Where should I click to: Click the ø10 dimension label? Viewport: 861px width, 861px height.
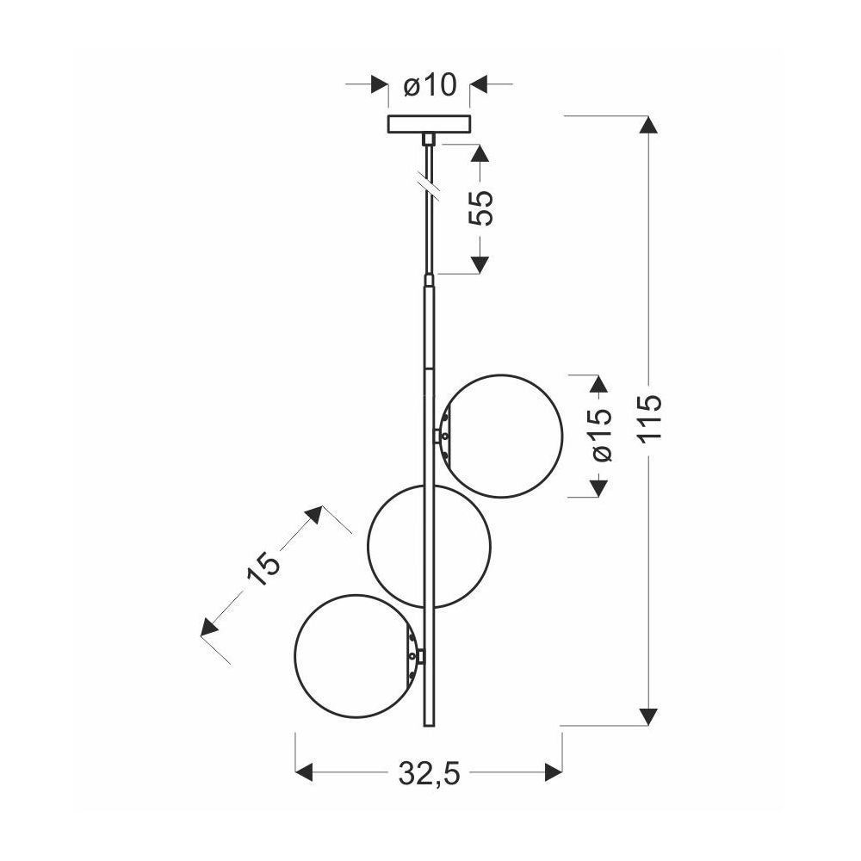(430, 85)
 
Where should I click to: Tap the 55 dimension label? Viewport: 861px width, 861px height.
(481, 208)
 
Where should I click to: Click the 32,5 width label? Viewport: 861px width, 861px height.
(429, 773)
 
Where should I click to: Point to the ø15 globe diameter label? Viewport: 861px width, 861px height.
(598, 435)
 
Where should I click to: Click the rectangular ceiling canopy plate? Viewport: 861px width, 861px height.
(430, 124)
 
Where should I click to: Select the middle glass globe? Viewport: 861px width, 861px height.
(368, 547)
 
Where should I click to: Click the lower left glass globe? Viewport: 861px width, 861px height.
(294, 655)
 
